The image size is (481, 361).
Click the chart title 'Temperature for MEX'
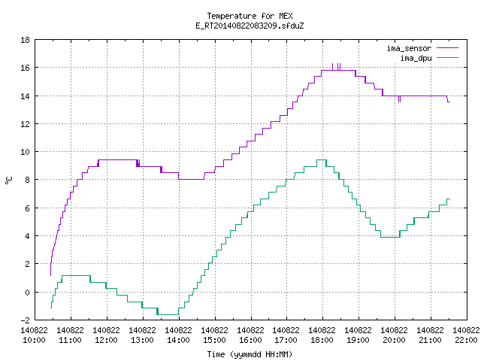[250, 16]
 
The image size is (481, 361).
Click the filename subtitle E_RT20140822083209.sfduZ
[250, 26]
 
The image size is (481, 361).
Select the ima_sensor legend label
[409, 48]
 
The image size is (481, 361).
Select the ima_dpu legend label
[416, 58]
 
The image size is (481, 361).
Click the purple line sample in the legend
[448, 48]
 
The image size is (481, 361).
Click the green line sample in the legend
[448, 58]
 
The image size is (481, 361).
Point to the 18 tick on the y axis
[25, 40]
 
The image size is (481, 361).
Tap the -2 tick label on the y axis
[25, 320]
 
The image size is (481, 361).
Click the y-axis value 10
[25, 152]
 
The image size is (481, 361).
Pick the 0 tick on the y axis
[27, 293]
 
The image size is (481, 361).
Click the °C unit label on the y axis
[8, 180]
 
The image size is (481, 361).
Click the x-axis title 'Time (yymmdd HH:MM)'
[250, 354]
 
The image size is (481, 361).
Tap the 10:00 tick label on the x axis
[34, 335]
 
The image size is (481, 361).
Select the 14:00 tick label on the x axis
[178, 335]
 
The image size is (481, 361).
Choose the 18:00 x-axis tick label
[322, 335]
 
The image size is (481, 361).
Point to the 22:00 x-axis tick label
[466, 335]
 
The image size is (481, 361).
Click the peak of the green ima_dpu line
[322, 159]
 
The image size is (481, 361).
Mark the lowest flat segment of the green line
[168, 314]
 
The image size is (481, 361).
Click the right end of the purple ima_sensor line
[449, 102]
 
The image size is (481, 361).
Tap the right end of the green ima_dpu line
[449, 199]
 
